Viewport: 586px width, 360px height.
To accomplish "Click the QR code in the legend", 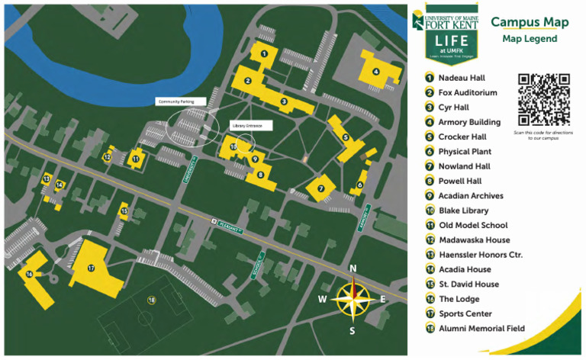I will (544, 99).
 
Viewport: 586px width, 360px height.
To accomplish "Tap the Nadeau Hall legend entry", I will (461, 78).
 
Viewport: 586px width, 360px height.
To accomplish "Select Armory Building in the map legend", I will (469, 122).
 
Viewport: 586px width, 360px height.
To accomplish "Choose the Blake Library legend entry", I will (463, 211).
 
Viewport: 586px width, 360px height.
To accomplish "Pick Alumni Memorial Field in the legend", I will (481, 328).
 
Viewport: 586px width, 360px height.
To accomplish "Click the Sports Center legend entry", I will (465, 313).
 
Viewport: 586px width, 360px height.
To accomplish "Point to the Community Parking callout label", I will (176, 101).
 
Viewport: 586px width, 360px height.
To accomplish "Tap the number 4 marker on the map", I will (375, 72).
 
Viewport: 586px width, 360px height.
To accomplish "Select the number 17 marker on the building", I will (91, 268).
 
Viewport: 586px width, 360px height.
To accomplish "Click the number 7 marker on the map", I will (321, 188).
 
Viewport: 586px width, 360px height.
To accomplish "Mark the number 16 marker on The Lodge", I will (30, 275).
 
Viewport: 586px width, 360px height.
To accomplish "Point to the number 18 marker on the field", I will (151, 301).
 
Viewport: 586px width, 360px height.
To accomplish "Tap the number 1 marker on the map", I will (263, 53).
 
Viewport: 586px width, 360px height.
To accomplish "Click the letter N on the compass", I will (353, 268).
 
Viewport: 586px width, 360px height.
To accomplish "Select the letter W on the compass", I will (323, 299).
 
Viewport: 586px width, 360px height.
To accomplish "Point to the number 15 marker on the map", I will (124, 211).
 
